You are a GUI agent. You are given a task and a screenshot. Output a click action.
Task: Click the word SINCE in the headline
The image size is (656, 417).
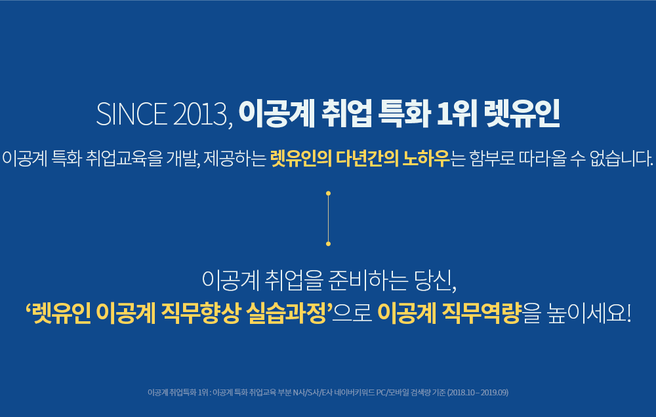[x=131, y=114]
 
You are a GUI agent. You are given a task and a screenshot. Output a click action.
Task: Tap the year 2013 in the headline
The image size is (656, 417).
[x=200, y=114]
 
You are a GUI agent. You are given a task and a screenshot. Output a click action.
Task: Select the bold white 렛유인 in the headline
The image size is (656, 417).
[x=522, y=114]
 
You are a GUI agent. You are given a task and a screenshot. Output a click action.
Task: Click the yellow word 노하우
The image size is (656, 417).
[x=426, y=158]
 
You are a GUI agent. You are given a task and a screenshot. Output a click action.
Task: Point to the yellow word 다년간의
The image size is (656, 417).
[x=367, y=158]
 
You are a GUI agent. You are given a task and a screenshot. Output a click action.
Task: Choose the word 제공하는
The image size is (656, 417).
[x=235, y=158]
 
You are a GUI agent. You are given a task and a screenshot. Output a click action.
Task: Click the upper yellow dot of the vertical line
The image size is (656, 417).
[x=329, y=193]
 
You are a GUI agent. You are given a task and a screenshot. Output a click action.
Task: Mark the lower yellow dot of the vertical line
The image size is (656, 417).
[x=329, y=243]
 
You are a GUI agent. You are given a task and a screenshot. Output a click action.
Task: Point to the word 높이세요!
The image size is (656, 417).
[x=589, y=313]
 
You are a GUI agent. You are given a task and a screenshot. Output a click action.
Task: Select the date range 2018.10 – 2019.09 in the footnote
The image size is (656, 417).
[x=478, y=392]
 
